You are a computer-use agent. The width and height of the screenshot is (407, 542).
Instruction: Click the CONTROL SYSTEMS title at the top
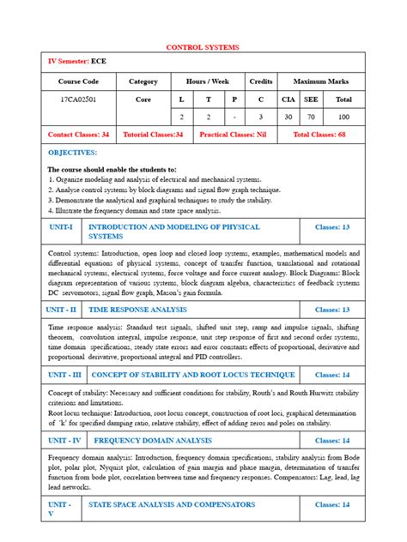[x=203, y=47]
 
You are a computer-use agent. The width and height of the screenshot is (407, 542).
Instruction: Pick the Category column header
[x=143, y=81]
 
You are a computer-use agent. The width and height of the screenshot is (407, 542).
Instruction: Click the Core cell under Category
[x=143, y=99]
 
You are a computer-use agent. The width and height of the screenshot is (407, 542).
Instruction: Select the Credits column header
[x=260, y=81]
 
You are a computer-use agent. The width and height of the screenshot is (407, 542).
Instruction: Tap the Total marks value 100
[x=343, y=117]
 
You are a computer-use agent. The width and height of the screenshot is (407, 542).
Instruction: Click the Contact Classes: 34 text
[x=78, y=135]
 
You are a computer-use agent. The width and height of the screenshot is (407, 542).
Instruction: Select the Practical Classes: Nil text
[x=232, y=135]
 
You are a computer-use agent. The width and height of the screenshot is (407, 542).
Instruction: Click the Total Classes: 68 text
[x=319, y=135]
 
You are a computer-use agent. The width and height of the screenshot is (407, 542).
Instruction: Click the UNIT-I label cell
[x=61, y=227]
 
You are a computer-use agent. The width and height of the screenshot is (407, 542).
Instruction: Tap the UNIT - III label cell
[x=64, y=375]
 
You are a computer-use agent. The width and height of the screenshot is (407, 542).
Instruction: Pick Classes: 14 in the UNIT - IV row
[x=332, y=440]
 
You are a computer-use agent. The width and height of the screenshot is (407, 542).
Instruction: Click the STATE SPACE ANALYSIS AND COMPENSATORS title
[x=160, y=505]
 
